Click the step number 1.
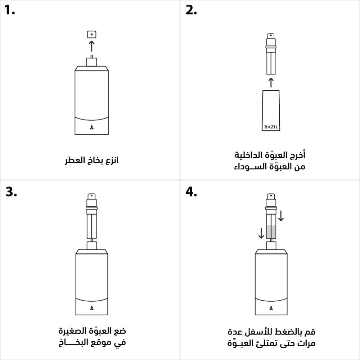pos(10,10)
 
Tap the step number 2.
pos(191,10)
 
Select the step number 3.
pos(11,192)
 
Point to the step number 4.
pos(191,192)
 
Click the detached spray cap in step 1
pos(91,35)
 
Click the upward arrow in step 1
pos(91,46)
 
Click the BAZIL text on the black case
pos(271,127)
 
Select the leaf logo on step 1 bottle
pos(91,127)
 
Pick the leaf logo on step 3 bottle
pos(92,308)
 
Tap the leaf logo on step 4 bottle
pos(271,308)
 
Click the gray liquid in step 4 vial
pos(271,232)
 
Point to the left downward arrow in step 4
pos(261,233)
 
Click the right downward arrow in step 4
pos(281,216)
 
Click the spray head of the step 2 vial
pos(271,36)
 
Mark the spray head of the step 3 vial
pos(91,197)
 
